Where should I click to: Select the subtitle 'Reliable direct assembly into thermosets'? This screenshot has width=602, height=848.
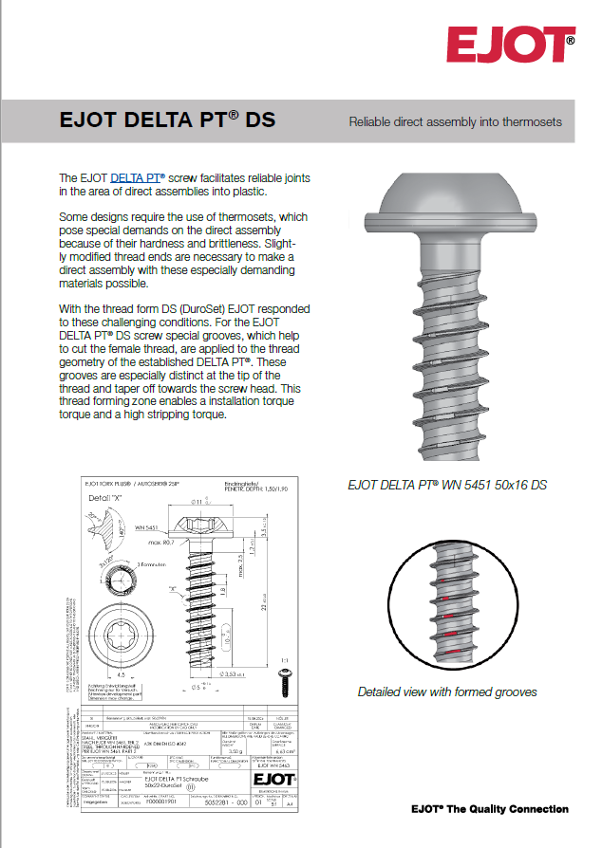point(455,121)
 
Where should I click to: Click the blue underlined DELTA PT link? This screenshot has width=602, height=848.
point(138,177)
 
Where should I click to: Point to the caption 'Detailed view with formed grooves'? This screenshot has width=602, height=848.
point(447,691)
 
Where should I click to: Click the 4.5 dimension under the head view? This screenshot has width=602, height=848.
point(109,675)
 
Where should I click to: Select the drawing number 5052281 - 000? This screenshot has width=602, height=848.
point(221,802)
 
